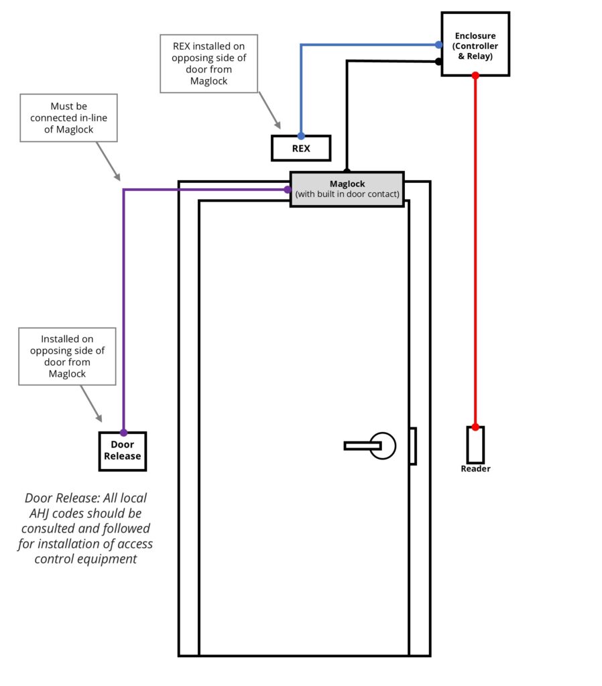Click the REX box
coord(301,148)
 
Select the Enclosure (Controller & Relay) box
coord(475,44)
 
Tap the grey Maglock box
coord(347,189)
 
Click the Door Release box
coord(122,451)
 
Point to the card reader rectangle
coord(475,445)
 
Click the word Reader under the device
coord(475,469)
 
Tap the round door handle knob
coord(384,445)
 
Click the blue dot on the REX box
coord(301,136)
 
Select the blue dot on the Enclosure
coord(438,45)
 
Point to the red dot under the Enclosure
coord(475,76)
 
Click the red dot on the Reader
coord(475,427)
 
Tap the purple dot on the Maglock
coord(288,190)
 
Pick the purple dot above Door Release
coord(123,432)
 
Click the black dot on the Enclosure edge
coord(438,62)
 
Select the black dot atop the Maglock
coord(347,171)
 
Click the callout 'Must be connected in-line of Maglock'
coord(68,118)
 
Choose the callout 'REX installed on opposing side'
coord(209,64)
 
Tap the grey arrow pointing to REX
coord(269,111)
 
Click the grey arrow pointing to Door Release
coord(92,405)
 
